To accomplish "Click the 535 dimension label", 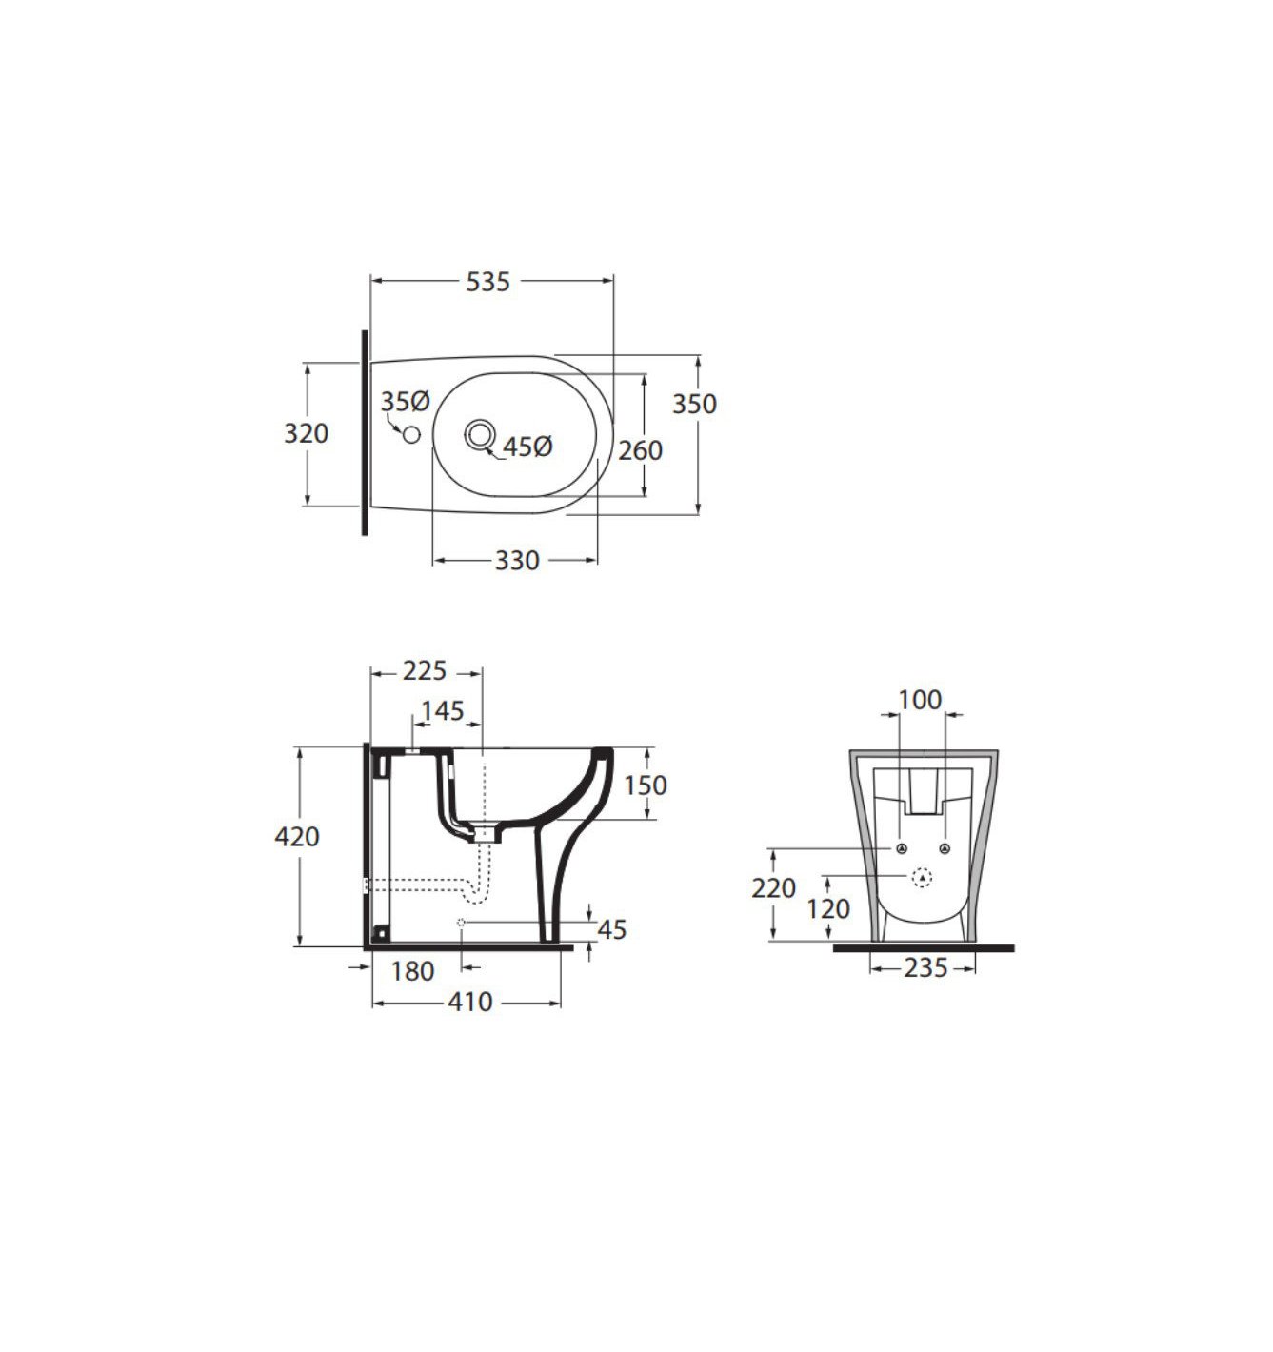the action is pyautogui.click(x=487, y=282).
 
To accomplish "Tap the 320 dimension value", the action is pyautogui.click(x=306, y=433).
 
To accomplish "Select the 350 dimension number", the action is pyautogui.click(x=694, y=404).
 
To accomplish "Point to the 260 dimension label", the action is pyautogui.click(x=640, y=450).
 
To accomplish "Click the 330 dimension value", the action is pyautogui.click(x=517, y=560).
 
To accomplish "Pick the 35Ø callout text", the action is pyautogui.click(x=405, y=402).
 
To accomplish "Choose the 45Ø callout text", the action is pyautogui.click(x=527, y=447).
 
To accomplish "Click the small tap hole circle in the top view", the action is pyautogui.click(x=411, y=433).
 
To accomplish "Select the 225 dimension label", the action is pyautogui.click(x=425, y=670).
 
